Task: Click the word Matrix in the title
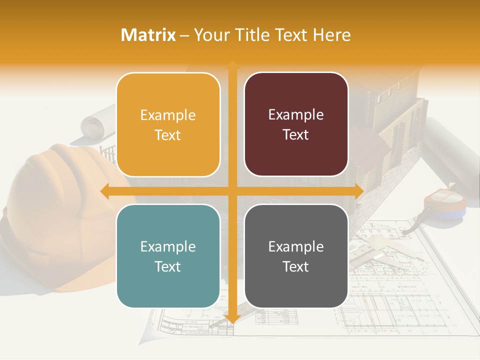click(x=148, y=35)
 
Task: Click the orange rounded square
click(x=168, y=124)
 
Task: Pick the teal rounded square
click(x=168, y=256)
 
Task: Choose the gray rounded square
click(x=296, y=256)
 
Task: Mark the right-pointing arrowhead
click(x=358, y=191)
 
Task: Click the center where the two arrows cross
click(x=232, y=191)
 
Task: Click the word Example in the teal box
click(x=168, y=246)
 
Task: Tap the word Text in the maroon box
click(x=296, y=134)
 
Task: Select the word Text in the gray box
click(x=296, y=266)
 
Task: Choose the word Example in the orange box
click(x=168, y=115)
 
